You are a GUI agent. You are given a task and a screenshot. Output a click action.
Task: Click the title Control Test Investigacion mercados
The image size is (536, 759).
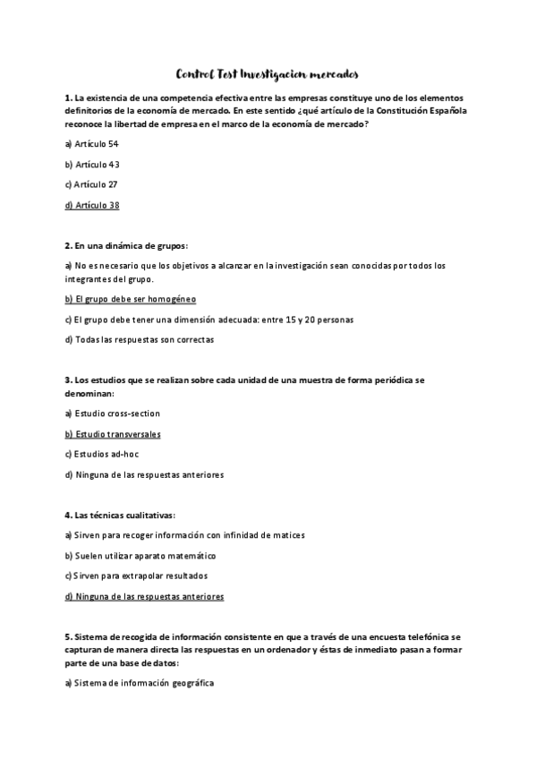point(268,75)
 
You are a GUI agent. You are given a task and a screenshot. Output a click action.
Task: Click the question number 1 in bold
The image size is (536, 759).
point(68,97)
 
